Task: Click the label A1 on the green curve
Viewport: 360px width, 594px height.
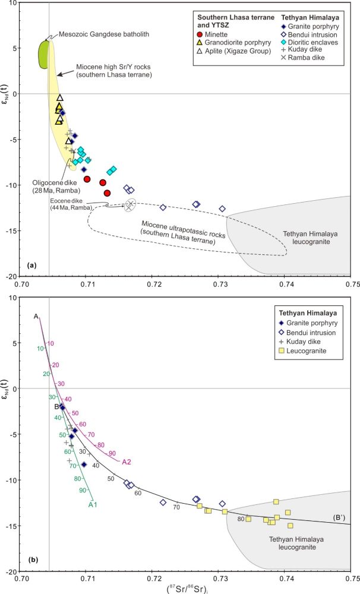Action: [93, 504]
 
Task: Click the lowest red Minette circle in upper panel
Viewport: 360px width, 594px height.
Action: [108, 193]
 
